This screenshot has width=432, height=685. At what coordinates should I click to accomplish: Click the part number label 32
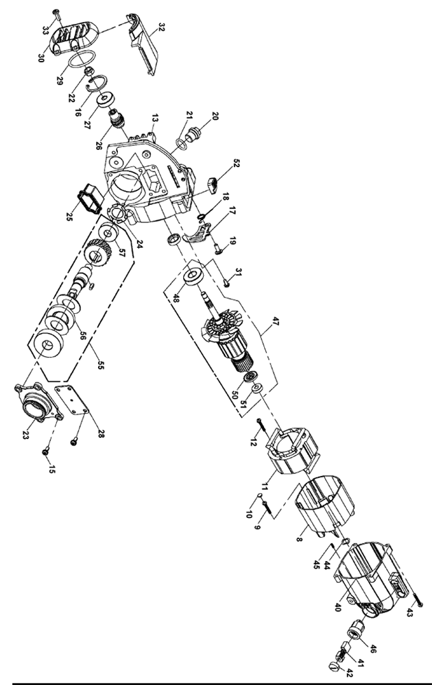point(162,28)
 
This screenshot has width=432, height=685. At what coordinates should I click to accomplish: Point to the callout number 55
point(101,363)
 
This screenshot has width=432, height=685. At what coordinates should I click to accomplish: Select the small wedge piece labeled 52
point(213,182)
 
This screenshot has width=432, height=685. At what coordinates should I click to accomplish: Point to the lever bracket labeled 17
point(198,237)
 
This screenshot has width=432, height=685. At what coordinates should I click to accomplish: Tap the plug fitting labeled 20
point(193,132)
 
